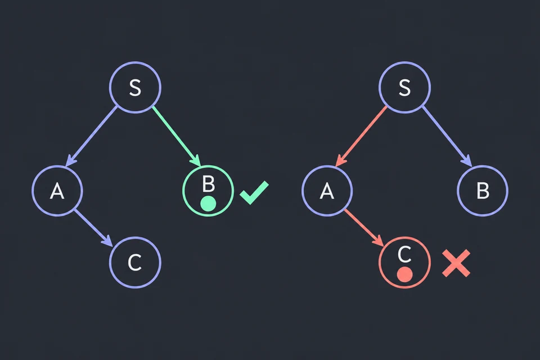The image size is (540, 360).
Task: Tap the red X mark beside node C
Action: (x=456, y=263)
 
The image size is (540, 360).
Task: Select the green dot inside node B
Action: (x=208, y=204)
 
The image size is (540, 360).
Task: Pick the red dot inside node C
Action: (x=404, y=274)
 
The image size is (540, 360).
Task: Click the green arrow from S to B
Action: (x=177, y=136)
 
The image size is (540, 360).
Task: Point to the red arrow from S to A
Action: (x=361, y=137)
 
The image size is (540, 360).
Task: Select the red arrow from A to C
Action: (x=364, y=228)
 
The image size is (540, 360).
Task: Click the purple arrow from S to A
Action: (x=91, y=137)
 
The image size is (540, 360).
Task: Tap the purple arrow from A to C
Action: (x=94, y=228)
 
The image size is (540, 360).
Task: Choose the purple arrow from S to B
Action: (x=447, y=136)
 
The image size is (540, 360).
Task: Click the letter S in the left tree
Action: (x=135, y=88)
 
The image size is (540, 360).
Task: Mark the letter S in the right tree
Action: (x=404, y=88)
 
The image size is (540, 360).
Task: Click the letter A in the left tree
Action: (x=57, y=191)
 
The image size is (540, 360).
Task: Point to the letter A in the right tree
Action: (x=327, y=191)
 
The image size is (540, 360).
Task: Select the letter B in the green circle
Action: (x=208, y=184)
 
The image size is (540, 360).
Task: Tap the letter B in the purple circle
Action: (x=483, y=191)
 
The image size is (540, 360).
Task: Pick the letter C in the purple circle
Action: (x=134, y=263)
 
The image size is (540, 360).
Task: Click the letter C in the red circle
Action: (x=404, y=254)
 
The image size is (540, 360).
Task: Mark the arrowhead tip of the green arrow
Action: (x=200, y=166)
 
